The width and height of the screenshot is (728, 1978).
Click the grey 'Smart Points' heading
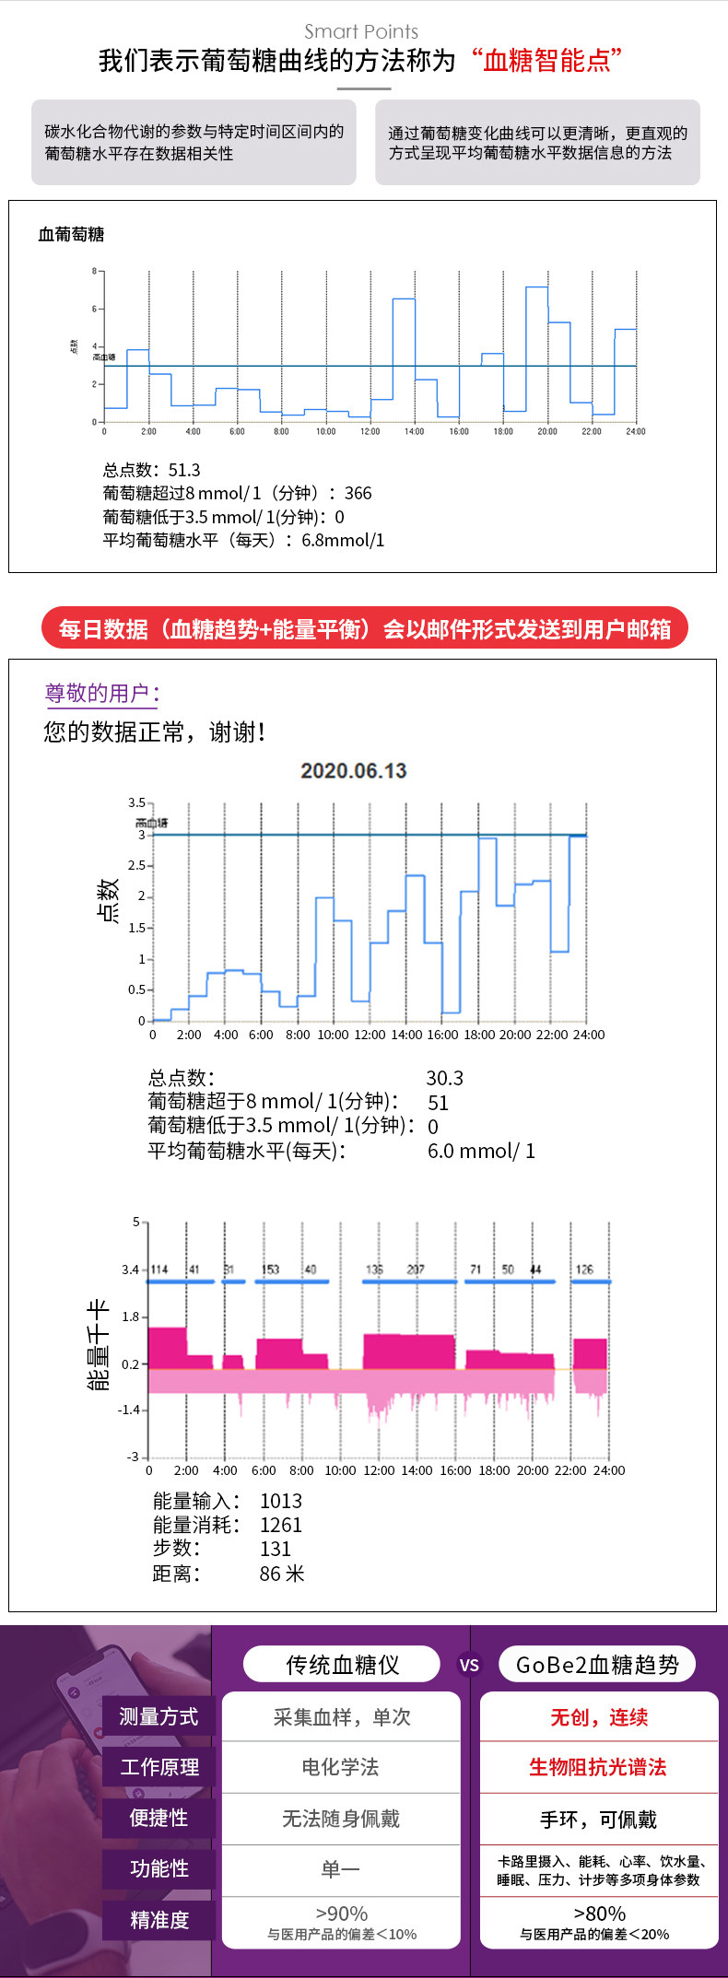point(361,32)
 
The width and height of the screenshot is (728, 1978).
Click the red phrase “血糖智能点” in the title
point(546,62)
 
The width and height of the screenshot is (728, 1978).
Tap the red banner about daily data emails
point(364,628)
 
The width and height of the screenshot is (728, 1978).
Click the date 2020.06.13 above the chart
point(353,771)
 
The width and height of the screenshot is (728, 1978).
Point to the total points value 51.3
point(184,470)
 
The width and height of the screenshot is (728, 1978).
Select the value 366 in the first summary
point(358,493)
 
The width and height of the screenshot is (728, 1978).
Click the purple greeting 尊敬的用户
point(101,693)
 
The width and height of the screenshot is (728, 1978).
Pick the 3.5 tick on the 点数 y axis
point(136,802)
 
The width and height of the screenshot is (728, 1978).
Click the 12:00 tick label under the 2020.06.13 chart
point(370,1035)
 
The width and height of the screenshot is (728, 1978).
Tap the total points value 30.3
point(444,1078)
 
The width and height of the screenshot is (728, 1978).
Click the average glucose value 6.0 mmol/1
point(481,1151)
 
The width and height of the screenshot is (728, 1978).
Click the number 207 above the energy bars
point(416,1269)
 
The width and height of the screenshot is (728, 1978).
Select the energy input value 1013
point(280,1501)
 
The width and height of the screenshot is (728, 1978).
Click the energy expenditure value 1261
point(280,1525)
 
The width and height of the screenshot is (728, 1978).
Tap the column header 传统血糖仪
point(342,1665)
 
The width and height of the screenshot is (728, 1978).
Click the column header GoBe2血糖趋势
point(597,1665)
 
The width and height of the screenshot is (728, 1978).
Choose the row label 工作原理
point(159,1766)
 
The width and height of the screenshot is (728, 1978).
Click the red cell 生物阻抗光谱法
point(597,1766)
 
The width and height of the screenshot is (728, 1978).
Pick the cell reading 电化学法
point(340,1766)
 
